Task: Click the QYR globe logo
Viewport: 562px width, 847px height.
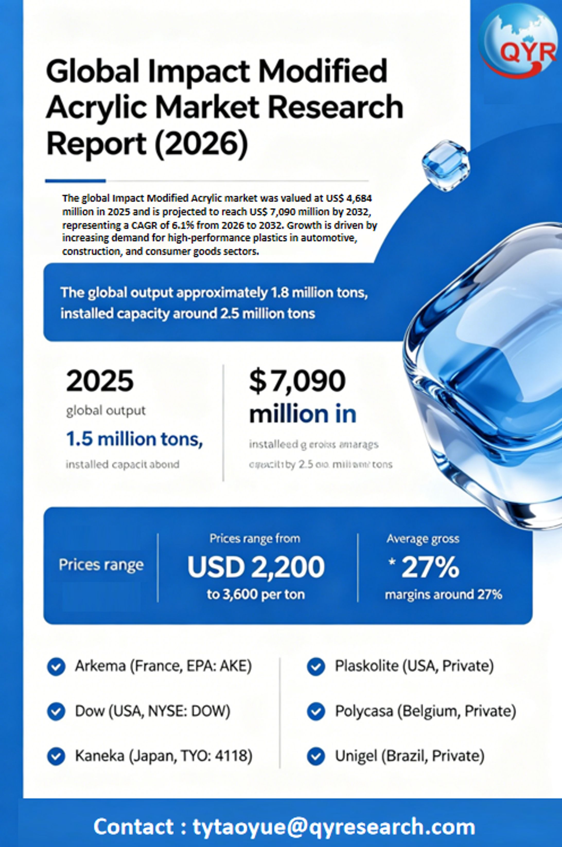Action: coord(518,40)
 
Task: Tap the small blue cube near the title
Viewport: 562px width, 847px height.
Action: coord(445,165)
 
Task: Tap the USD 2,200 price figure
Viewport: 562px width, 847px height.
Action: coord(256,567)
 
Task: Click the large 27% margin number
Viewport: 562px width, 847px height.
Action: coord(430,567)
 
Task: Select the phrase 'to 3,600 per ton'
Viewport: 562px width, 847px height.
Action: coord(256,594)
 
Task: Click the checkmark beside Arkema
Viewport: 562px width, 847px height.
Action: coord(56,666)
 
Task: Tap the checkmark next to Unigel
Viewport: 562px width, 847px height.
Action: coord(316,756)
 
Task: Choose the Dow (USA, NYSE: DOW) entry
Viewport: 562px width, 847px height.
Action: coord(152,711)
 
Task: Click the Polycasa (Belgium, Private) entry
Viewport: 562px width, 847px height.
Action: coord(425,711)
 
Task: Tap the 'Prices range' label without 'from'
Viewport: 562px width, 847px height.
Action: coord(101,565)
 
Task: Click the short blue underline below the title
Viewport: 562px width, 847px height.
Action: coord(75,181)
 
